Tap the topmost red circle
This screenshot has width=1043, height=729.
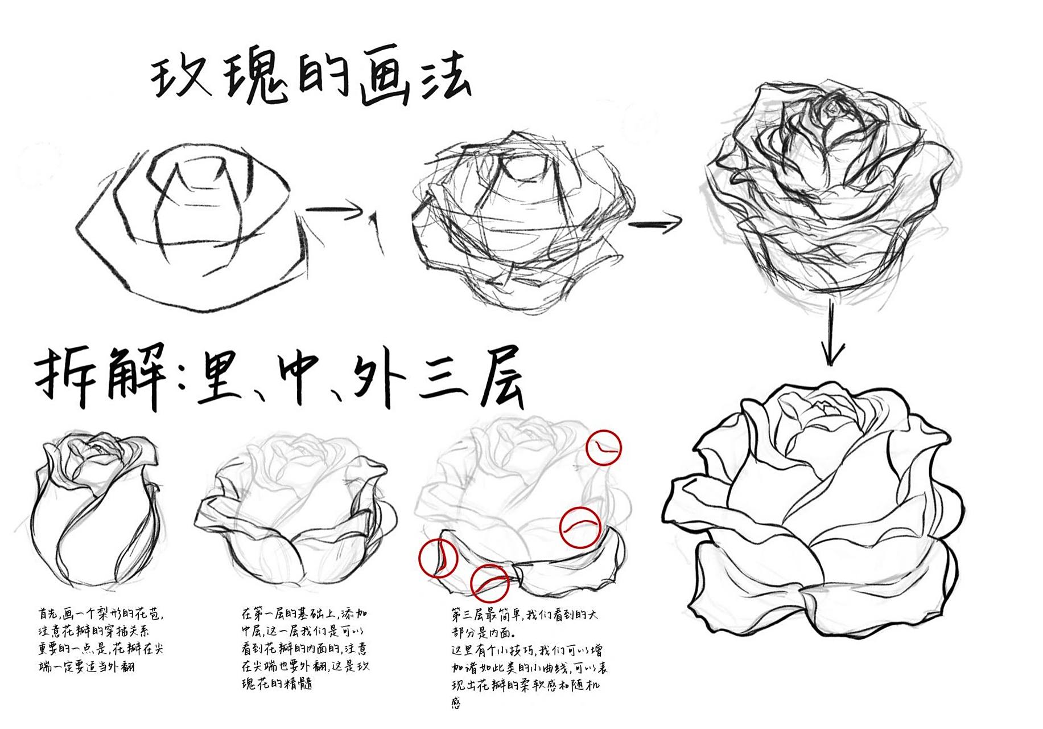tap(603, 448)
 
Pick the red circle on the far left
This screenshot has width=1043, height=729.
tap(438, 558)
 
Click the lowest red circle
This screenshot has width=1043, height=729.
tap(489, 583)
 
